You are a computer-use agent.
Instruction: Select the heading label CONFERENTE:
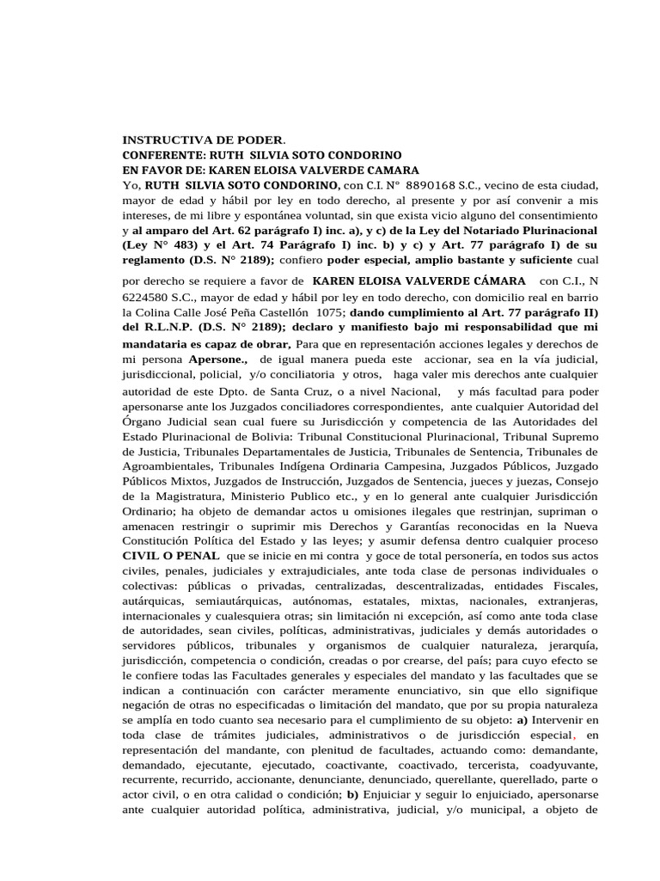(166, 155)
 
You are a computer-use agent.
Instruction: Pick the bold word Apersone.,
(218, 358)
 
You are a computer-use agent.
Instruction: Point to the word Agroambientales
(165, 466)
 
